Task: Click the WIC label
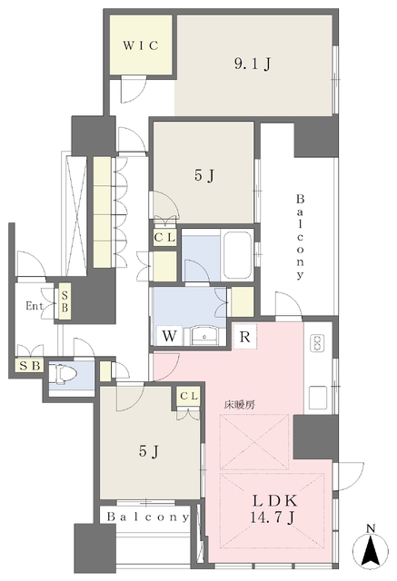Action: click(x=142, y=44)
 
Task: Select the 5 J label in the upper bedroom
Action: click(x=204, y=178)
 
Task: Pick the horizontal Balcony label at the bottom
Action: click(x=147, y=517)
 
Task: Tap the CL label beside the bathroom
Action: click(x=165, y=238)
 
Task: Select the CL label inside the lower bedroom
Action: click(x=189, y=396)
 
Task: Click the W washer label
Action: click(x=170, y=336)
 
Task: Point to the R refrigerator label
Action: click(x=244, y=337)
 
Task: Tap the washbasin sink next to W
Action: click(x=206, y=335)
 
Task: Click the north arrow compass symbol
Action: click(x=371, y=547)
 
